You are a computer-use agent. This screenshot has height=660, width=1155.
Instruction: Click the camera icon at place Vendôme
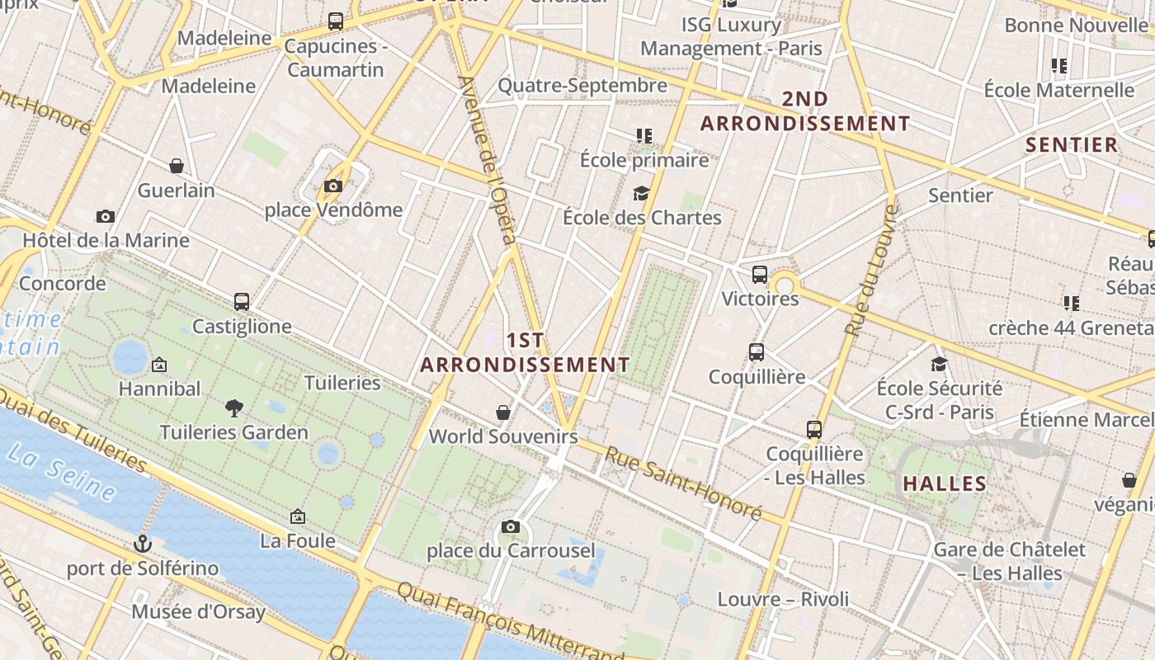click(x=333, y=186)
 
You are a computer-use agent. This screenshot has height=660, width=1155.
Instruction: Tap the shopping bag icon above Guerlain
click(x=177, y=166)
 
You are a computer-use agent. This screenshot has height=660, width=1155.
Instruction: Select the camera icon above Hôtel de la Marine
click(x=105, y=216)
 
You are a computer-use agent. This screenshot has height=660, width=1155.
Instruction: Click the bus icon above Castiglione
click(x=242, y=302)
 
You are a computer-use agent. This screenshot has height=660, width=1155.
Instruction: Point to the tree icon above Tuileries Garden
click(x=234, y=407)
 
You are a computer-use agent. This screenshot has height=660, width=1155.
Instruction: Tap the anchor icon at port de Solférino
click(x=144, y=544)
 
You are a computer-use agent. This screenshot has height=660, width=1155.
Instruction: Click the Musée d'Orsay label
click(x=199, y=612)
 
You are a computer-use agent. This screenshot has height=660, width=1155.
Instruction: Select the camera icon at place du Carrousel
click(x=511, y=526)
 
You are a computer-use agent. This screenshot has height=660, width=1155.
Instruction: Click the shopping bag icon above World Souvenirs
click(x=503, y=412)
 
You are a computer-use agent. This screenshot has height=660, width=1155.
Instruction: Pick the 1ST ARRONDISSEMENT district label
click(x=526, y=352)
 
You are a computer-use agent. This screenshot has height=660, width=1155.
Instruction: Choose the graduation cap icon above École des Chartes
click(x=641, y=193)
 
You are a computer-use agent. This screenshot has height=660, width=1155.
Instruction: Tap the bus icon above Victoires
click(x=760, y=274)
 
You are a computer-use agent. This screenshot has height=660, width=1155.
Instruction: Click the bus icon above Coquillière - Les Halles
click(x=814, y=429)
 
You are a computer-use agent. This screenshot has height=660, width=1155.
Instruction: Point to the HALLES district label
click(x=945, y=483)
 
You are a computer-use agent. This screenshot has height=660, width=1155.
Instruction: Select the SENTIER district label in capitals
click(x=1072, y=145)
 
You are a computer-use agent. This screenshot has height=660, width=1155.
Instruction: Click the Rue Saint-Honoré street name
click(x=683, y=483)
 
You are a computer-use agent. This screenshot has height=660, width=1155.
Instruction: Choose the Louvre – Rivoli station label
click(x=783, y=599)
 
